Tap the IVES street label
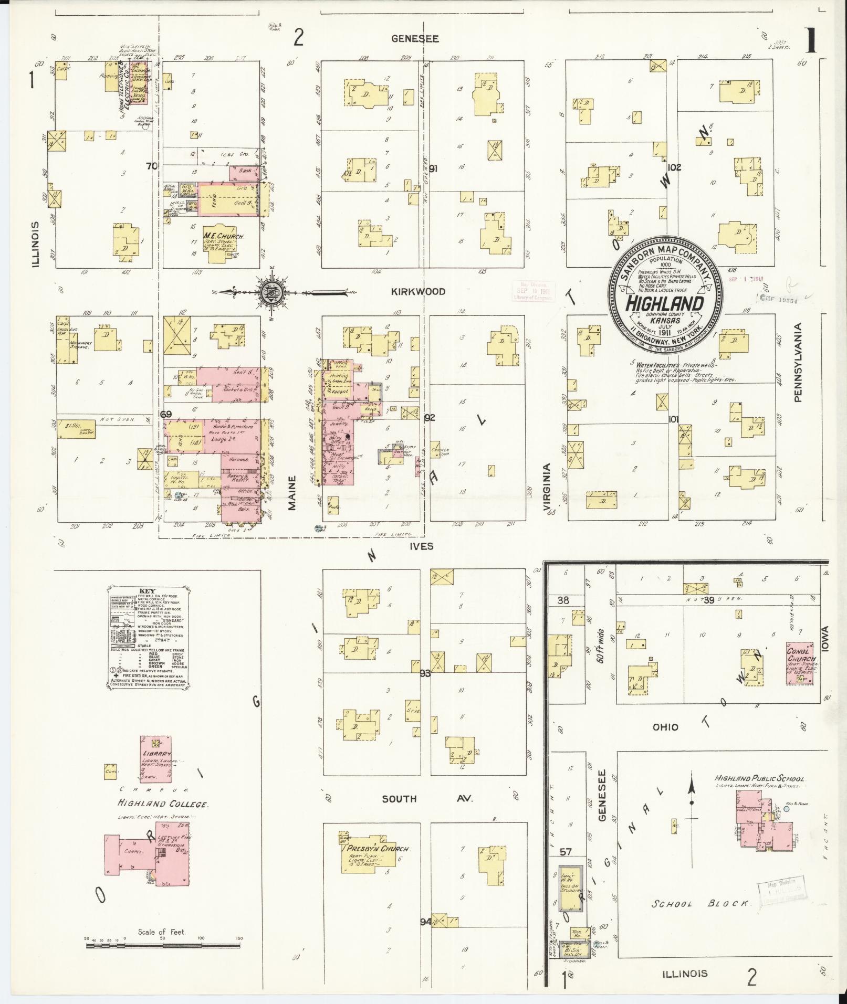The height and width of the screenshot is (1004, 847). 423,546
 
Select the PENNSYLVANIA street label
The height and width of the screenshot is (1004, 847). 798,362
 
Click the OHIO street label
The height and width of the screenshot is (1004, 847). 665,727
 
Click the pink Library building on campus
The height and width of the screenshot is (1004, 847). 155,757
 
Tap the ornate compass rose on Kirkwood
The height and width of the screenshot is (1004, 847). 273,292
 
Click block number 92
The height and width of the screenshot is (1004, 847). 430,418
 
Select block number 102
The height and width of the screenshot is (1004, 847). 675,167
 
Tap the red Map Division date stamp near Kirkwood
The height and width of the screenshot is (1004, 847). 533,291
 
